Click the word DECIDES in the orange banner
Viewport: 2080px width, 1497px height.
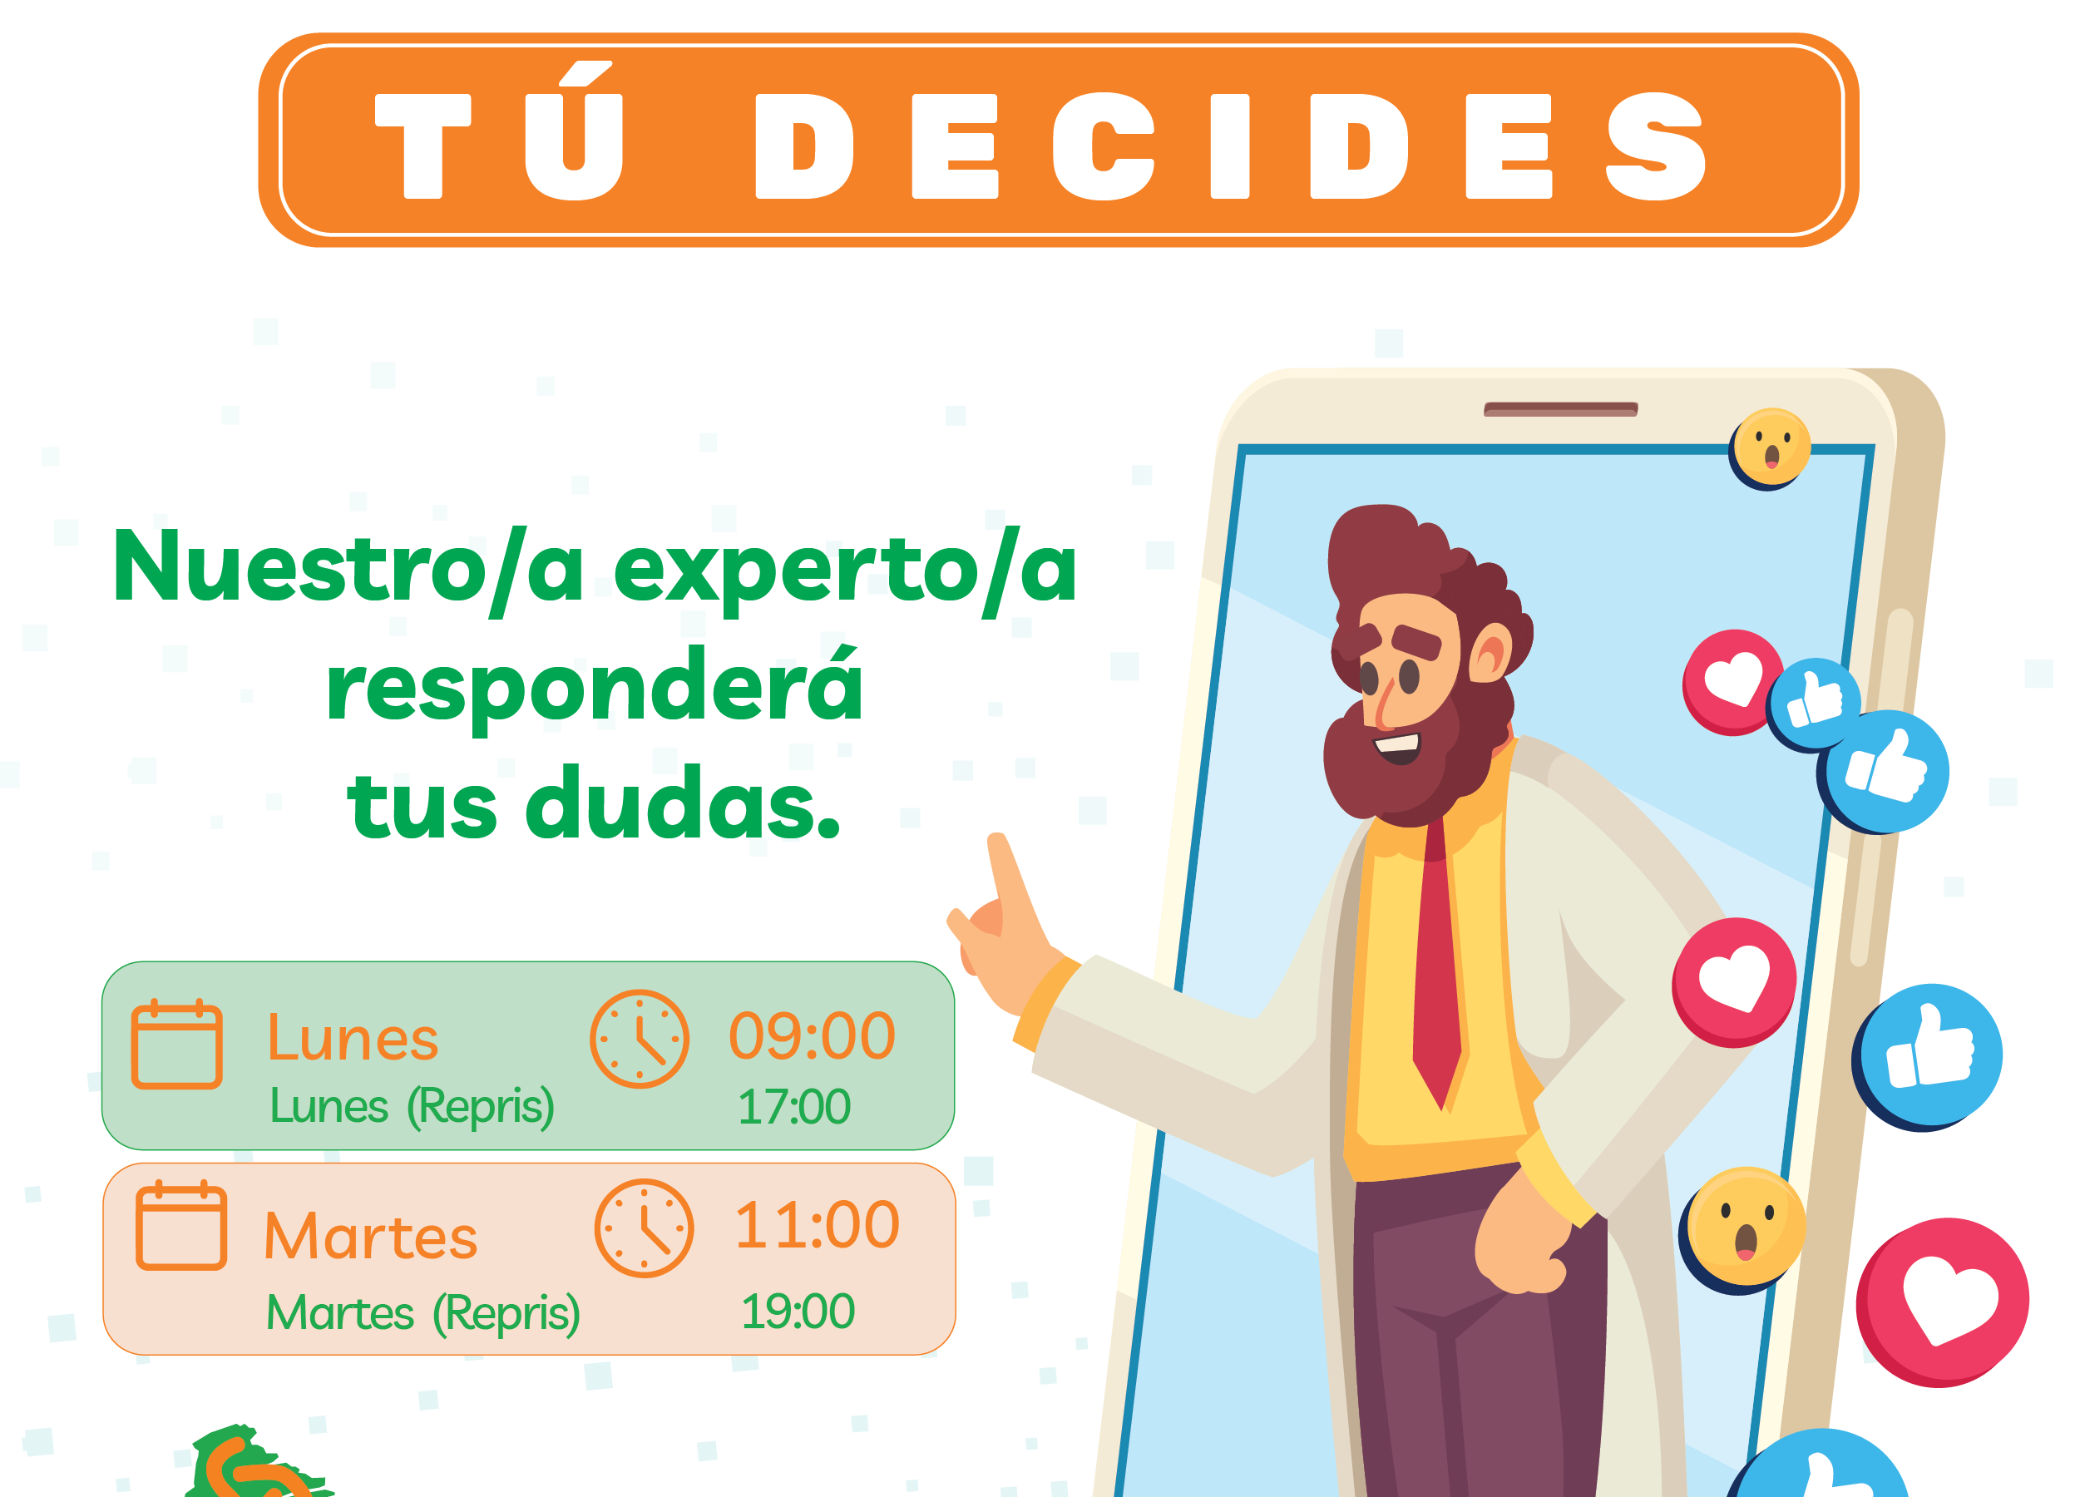tap(1231, 146)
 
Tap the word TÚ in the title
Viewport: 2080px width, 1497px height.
tap(501, 131)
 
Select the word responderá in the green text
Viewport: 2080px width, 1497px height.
tap(595, 686)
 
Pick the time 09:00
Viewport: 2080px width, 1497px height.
tap(812, 1035)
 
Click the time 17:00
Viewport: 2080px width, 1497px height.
tap(794, 1106)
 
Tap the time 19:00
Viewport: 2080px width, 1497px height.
tap(797, 1311)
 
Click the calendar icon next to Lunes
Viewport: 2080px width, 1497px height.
tap(177, 1044)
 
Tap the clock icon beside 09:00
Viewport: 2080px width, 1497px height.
tap(640, 1040)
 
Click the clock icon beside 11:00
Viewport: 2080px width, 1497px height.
tap(644, 1228)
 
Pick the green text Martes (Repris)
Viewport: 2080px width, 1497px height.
tap(422, 1312)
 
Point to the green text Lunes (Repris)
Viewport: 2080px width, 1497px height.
tap(412, 1106)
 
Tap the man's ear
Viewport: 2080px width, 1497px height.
tap(1492, 652)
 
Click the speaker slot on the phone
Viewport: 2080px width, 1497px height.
tap(1560, 409)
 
